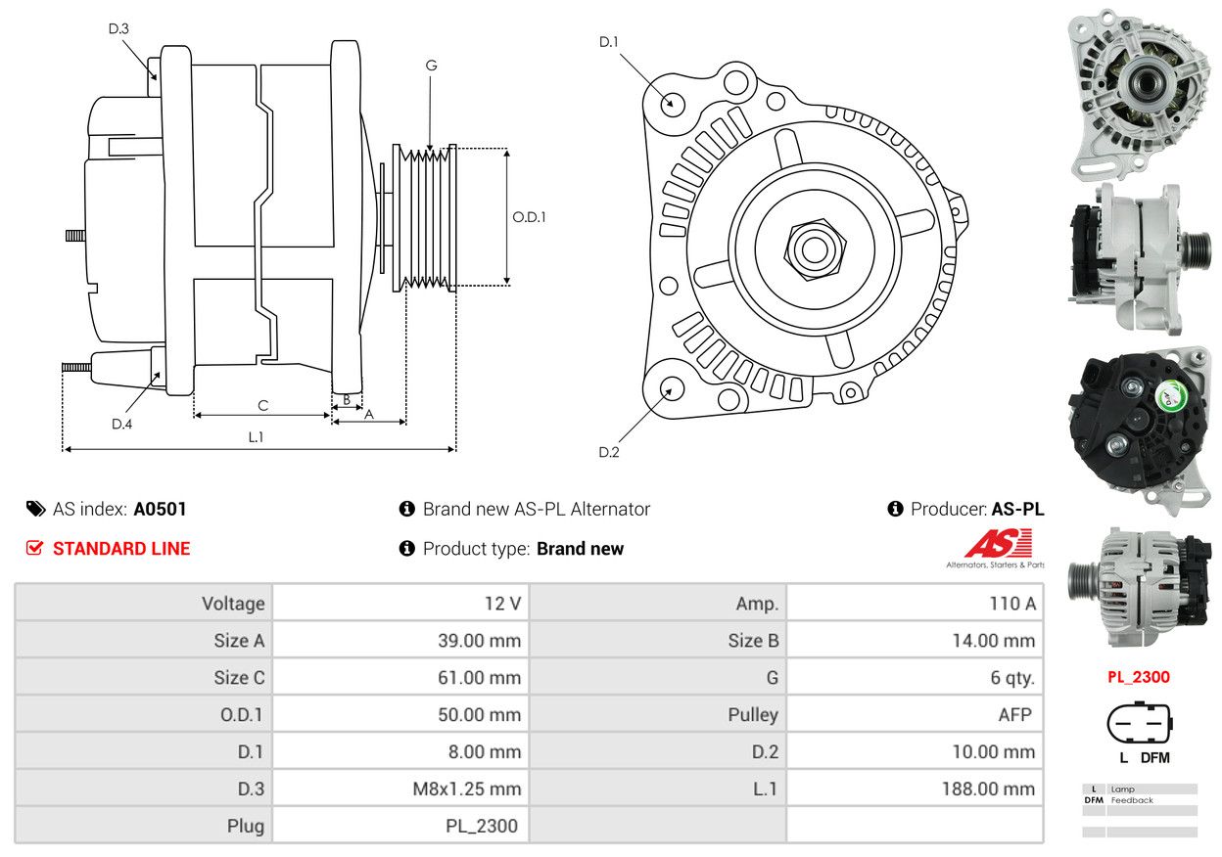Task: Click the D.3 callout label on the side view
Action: pos(118,28)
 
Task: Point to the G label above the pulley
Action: pos(431,66)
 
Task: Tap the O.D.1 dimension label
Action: pos(529,217)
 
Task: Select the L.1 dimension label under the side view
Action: pos(256,436)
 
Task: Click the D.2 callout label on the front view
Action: pos(609,452)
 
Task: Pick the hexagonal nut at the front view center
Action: pos(815,249)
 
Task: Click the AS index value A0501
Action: pos(160,509)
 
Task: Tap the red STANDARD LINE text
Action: pos(121,549)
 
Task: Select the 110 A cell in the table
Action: pos(1012,604)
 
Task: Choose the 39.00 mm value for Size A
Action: pos(479,641)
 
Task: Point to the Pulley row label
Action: pos(753,715)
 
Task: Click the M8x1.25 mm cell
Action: pos(466,789)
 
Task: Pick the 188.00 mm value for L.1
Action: pos(988,789)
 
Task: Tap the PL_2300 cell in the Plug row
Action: pos(481,826)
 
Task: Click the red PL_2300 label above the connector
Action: pos(1139,677)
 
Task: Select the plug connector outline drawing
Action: pos(1140,723)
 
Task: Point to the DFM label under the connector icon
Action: pos(1154,758)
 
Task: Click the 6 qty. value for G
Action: pos(1012,678)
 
